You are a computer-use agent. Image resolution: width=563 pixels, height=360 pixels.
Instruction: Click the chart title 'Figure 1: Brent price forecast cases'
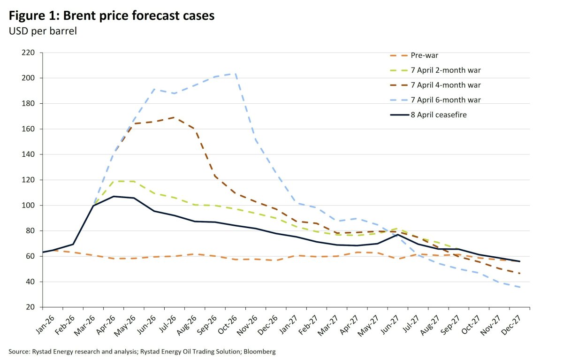[x=112, y=15]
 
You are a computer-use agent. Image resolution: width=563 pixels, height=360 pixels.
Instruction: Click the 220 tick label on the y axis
[x=29, y=53]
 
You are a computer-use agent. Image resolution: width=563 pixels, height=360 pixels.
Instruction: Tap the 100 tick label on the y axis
[x=29, y=206]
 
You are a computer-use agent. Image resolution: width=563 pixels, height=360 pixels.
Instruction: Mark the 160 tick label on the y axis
[x=29, y=129]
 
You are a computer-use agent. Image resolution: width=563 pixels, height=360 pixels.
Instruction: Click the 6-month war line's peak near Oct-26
[x=235, y=73]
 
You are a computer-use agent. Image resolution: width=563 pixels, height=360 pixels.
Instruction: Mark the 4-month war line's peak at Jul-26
[x=174, y=117]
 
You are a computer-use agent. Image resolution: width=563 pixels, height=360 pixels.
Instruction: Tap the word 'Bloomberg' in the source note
[x=260, y=351]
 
